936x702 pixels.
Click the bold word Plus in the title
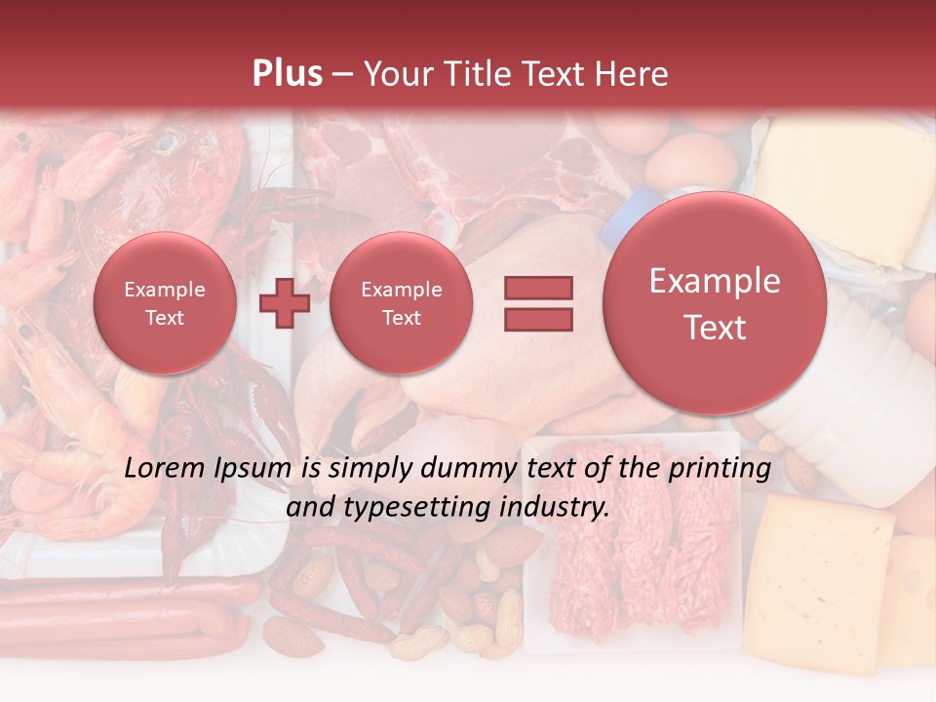[287, 74]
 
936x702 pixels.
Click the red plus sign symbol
[285, 303]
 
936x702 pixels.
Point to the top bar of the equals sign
[538, 288]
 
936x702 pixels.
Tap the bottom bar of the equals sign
[538, 319]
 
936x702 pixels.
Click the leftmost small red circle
[165, 303]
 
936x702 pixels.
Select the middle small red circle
[401, 303]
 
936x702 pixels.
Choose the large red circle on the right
[715, 303]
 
